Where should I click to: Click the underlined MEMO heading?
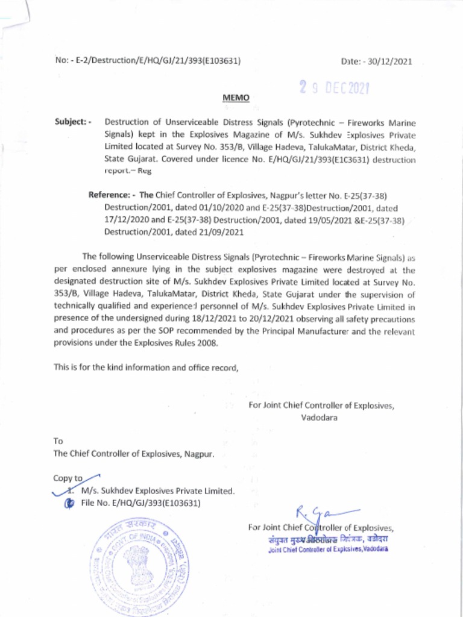(236, 98)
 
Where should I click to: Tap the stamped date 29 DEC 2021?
(334, 89)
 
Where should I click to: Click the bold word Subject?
(72, 122)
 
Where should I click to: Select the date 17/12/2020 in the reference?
(125, 219)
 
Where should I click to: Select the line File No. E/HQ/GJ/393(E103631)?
(140, 503)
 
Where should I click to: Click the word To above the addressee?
(58, 440)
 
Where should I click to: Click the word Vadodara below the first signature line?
(319, 416)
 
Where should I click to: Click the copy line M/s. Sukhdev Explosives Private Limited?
(157, 491)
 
